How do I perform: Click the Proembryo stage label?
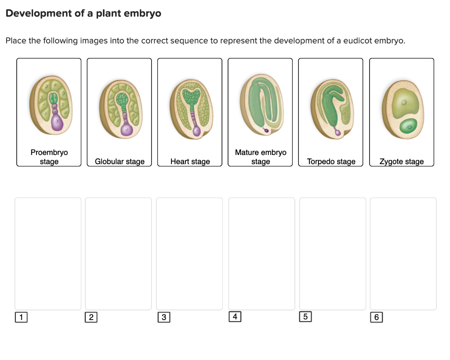[x=49, y=157]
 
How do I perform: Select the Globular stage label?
[x=120, y=162]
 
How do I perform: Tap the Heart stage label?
[x=190, y=162]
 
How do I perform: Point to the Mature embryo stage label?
[x=260, y=157]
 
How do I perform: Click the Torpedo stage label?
[x=331, y=162]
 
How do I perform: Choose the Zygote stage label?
[x=401, y=162]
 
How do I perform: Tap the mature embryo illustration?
[x=261, y=104]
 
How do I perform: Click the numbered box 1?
[x=21, y=317]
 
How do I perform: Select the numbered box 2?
[x=91, y=317]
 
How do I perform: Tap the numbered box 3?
[x=163, y=317]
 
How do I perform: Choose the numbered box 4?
[x=235, y=316]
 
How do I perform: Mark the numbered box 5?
[x=305, y=317]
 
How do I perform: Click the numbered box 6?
[x=377, y=317]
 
